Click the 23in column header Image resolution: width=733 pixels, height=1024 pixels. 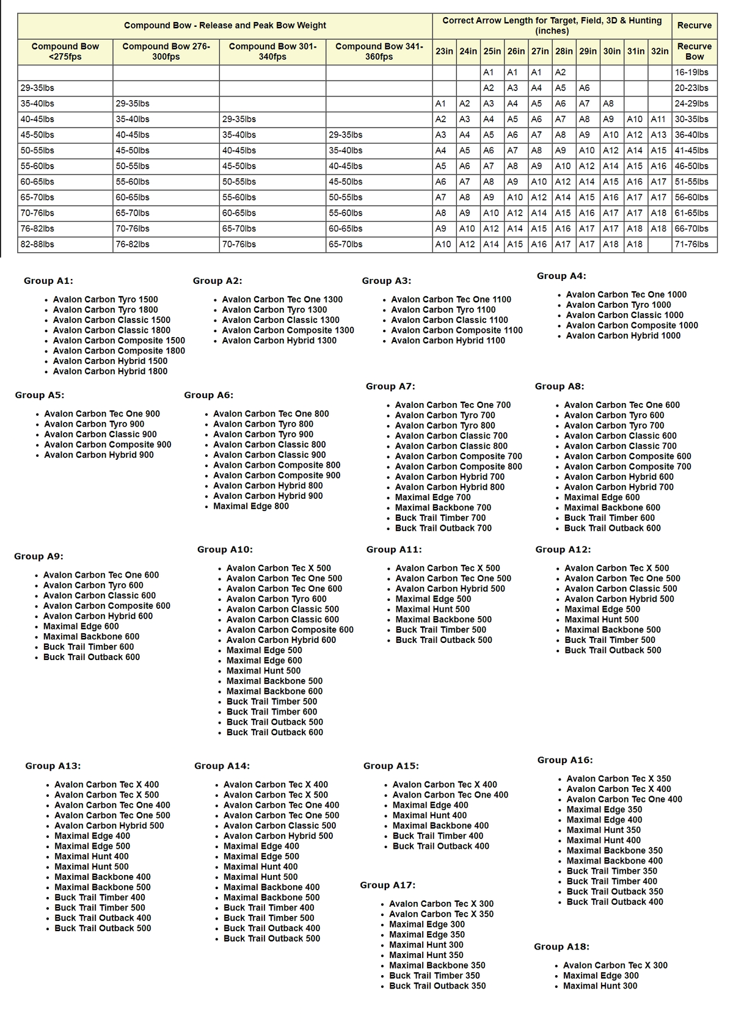pyautogui.click(x=444, y=51)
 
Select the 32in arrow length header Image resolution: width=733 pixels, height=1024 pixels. pyautogui.click(x=660, y=51)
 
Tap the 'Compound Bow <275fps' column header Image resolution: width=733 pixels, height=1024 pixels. pyautogui.click(x=65, y=51)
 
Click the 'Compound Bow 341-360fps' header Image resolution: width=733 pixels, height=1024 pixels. pyautogui.click(x=379, y=51)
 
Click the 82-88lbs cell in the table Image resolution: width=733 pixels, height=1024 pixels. pyautogui.click(x=37, y=244)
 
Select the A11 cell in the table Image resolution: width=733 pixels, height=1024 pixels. pyautogui.click(x=658, y=119)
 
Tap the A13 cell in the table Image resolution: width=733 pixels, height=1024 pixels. pyautogui.click(x=658, y=135)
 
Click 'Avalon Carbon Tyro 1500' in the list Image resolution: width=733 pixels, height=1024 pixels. pyautogui.click(x=105, y=300)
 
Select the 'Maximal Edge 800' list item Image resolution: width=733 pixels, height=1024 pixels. pyautogui.click(x=251, y=506)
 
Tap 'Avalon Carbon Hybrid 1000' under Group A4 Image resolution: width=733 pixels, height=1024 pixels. pyautogui.click(x=623, y=336)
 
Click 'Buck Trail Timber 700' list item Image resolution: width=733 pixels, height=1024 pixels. pyautogui.click(x=440, y=518)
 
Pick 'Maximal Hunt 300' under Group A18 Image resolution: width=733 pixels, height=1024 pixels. pyautogui.click(x=600, y=986)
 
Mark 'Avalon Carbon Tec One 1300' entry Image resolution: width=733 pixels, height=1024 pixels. pyautogui.click(x=282, y=300)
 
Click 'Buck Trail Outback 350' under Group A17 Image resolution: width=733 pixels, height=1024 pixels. pyautogui.click(x=437, y=986)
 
